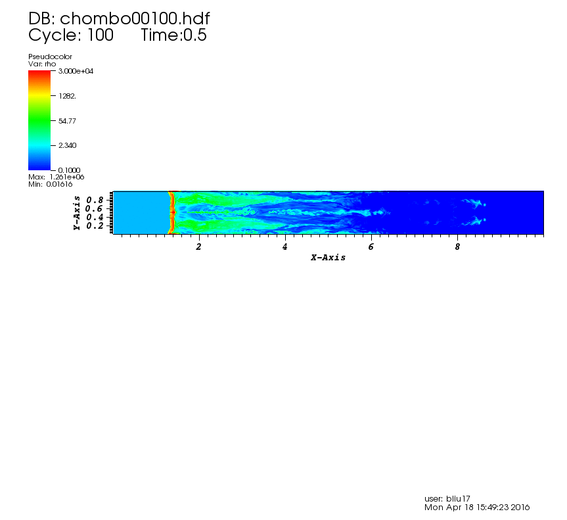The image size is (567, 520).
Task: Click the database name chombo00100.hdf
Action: pos(135,18)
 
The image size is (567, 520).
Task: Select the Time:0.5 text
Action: pos(173,35)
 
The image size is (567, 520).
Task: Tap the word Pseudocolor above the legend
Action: pos(51,57)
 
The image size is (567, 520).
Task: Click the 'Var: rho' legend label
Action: pos(42,64)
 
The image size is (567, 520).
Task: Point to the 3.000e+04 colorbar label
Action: pos(76,71)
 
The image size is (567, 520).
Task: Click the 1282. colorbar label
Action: pos(67,96)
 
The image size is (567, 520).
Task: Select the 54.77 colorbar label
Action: pos(67,121)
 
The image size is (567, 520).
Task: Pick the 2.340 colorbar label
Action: pos(67,145)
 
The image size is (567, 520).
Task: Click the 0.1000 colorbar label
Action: pos(69,170)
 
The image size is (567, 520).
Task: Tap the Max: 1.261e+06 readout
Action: pos(56,177)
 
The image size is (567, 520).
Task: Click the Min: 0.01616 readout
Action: pos(51,184)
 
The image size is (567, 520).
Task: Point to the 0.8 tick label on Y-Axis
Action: pos(95,200)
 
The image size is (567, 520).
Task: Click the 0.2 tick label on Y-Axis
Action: pos(95,225)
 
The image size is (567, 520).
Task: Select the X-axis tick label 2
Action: pos(198,247)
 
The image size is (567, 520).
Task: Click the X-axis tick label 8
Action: pos(457,247)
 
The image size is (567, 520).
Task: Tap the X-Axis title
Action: pos(328,258)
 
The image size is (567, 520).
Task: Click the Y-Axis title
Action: pos(77,213)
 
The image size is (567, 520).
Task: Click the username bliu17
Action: pos(458,499)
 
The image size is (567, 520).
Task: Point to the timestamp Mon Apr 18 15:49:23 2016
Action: pos(477,508)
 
